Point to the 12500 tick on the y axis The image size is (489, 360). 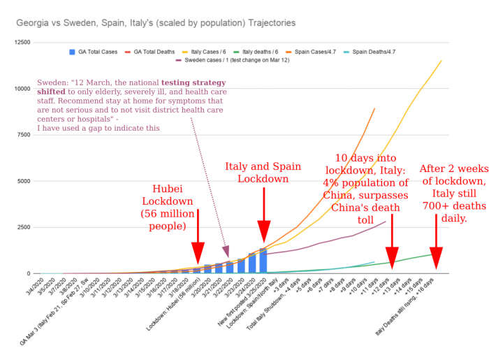tap(22, 43)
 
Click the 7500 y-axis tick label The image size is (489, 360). tap(24, 135)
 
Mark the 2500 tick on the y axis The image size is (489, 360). tap(24, 228)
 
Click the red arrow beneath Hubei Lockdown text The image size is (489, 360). tap(198, 238)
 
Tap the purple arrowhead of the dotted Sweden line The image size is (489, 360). tap(225, 251)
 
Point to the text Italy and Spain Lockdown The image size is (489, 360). tap(263, 173)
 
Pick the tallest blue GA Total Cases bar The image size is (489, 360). tap(263, 261)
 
